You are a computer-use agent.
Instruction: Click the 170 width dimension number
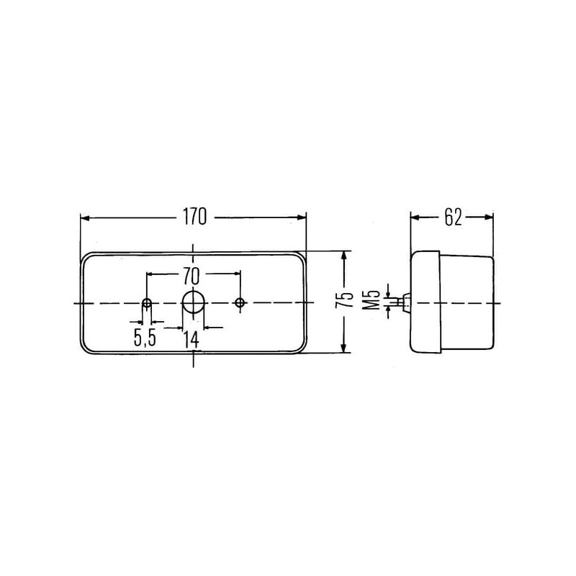[194, 217]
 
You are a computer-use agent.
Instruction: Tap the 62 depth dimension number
[453, 217]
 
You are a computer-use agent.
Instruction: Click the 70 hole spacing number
[191, 276]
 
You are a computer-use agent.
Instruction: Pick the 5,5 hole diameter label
[145, 338]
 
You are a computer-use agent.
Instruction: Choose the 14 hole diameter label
[192, 340]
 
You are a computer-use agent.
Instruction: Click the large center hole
[193, 302]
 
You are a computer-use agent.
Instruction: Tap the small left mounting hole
[147, 303]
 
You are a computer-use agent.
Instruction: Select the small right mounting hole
[240, 303]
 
